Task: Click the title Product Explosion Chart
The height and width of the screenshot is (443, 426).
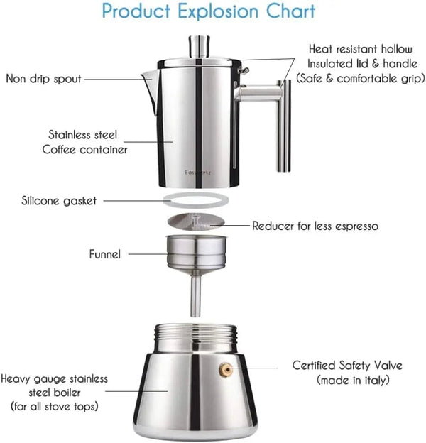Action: pos(209,12)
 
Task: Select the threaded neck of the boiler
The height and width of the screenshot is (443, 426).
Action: pos(195,336)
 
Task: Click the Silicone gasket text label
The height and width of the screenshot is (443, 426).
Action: pos(59,201)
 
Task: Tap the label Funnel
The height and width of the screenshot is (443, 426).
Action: pos(104,253)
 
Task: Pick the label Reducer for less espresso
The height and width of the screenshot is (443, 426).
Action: pos(315,226)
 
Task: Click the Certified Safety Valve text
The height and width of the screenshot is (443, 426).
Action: pos(347,366)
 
